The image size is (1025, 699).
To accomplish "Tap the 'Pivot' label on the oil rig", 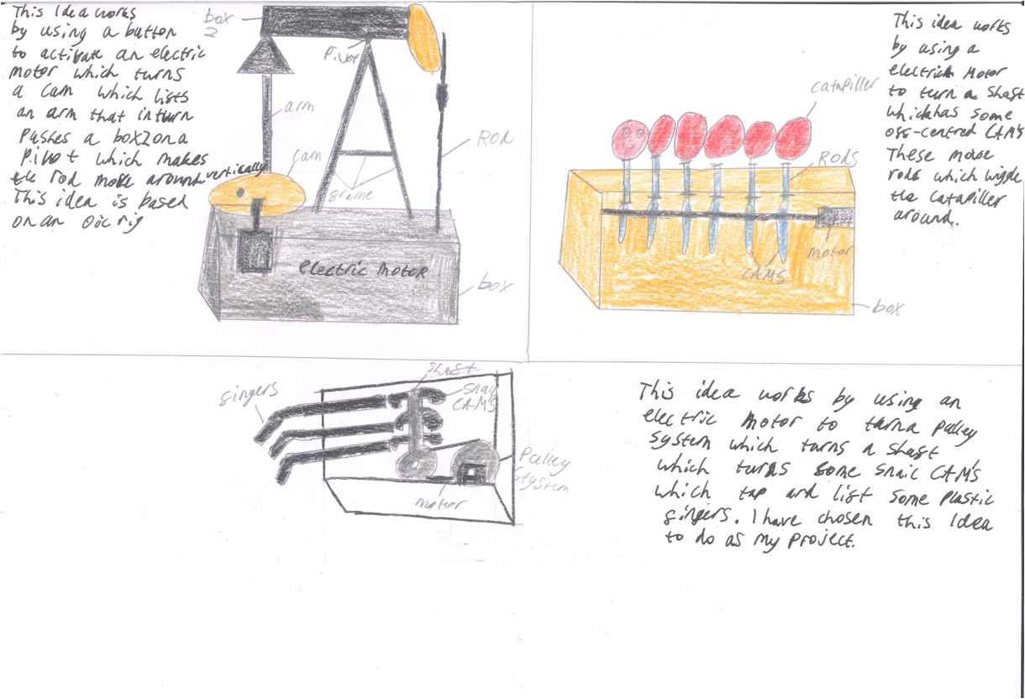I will click(x=343, y=55).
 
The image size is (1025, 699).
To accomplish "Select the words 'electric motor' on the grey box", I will click(x=363, y=271).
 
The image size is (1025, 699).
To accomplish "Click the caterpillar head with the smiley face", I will click(x=627, y=139).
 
